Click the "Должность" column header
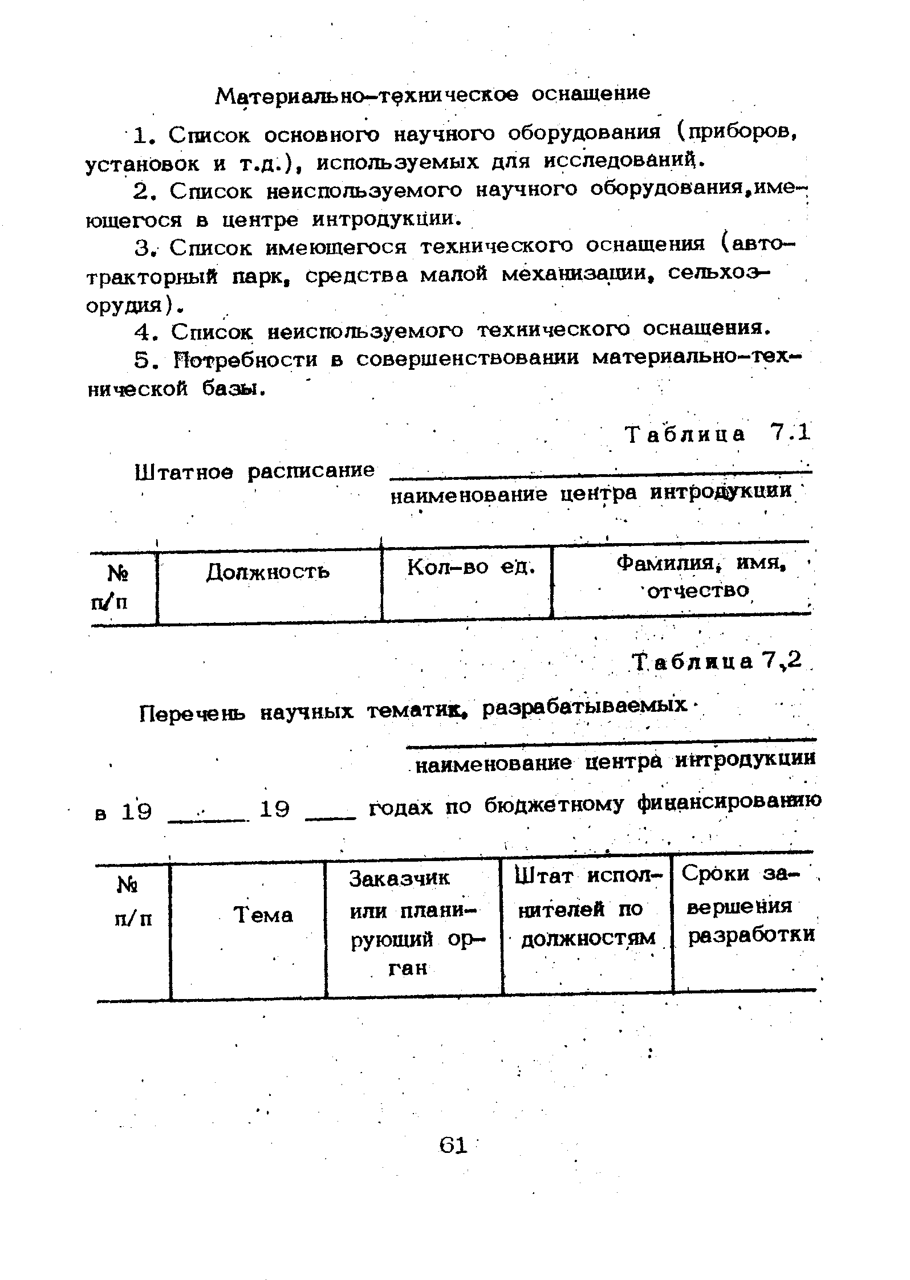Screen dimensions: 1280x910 click(x=267, y=572)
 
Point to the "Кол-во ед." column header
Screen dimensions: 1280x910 click(x=472, y=567)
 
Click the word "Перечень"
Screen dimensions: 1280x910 click(x=193, y=713)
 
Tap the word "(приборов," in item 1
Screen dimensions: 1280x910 click(x=736, y=134)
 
